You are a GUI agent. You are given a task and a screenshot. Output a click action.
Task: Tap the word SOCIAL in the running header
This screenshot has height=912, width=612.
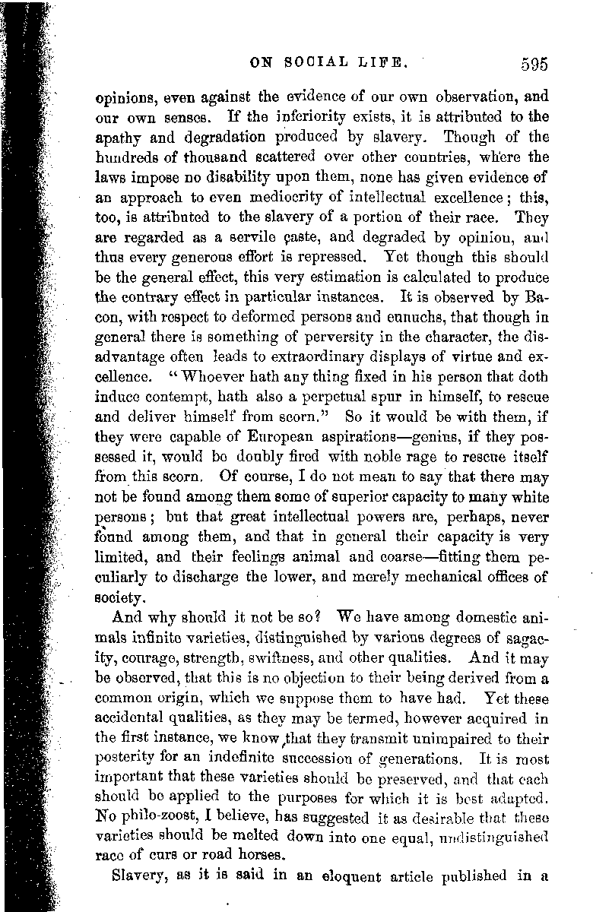320,63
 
